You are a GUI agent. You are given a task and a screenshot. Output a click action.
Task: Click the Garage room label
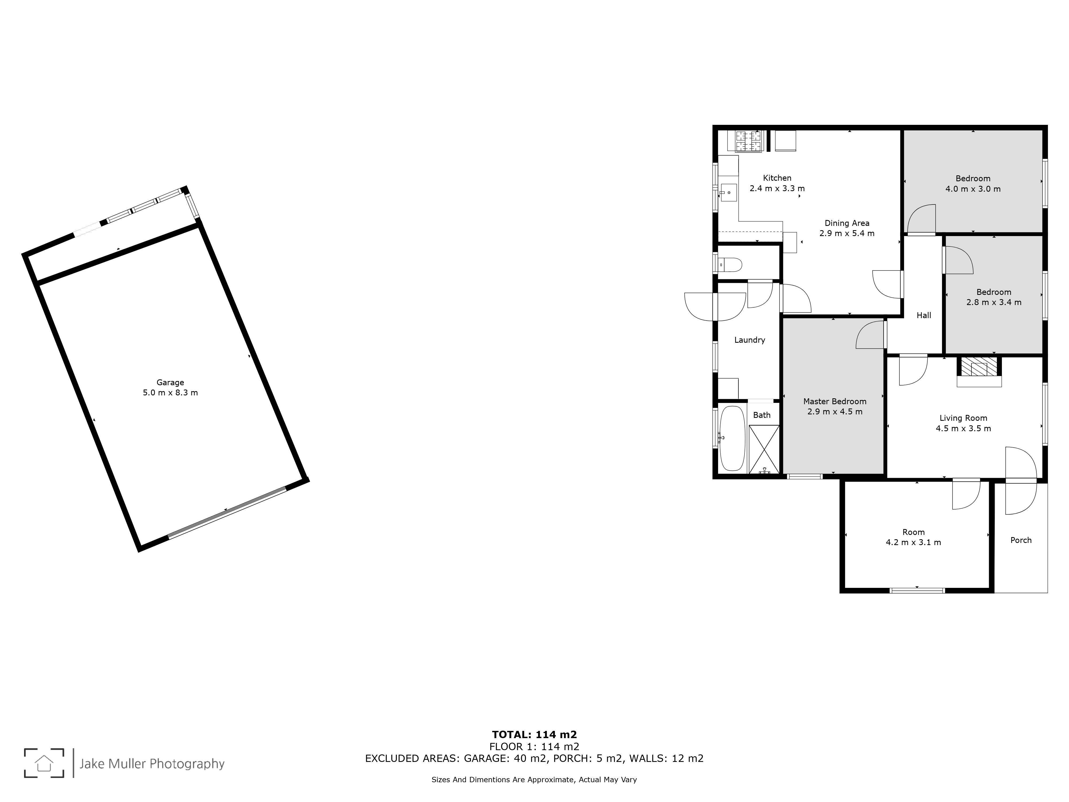[x=170, y=382]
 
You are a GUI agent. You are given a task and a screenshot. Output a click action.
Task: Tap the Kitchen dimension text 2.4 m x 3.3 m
[x=777, y=188]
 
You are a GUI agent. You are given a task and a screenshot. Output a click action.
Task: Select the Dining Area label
[x=847, y=223]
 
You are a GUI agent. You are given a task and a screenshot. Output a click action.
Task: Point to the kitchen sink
[x=728, y=192]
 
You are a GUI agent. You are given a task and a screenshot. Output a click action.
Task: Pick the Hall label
[x=924, y=315]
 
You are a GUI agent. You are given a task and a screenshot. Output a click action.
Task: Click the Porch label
[x=1021, y=540]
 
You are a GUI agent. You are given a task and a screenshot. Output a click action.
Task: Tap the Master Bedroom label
[x=835, y=401]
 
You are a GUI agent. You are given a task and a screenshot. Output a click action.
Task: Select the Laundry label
[x=750, y=340]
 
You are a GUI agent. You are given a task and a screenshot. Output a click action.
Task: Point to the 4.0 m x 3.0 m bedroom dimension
[x=973, y=189]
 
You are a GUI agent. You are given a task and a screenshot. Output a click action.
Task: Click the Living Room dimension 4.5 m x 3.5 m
[x=963, y=428]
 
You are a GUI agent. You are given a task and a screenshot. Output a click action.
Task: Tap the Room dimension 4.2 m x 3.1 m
[x=913, y=542]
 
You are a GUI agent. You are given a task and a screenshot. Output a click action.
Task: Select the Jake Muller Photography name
[x=152, y=764]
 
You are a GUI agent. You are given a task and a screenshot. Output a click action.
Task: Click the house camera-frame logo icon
[x=44, y=763]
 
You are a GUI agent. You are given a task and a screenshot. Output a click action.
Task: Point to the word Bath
[x=762, y=415]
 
